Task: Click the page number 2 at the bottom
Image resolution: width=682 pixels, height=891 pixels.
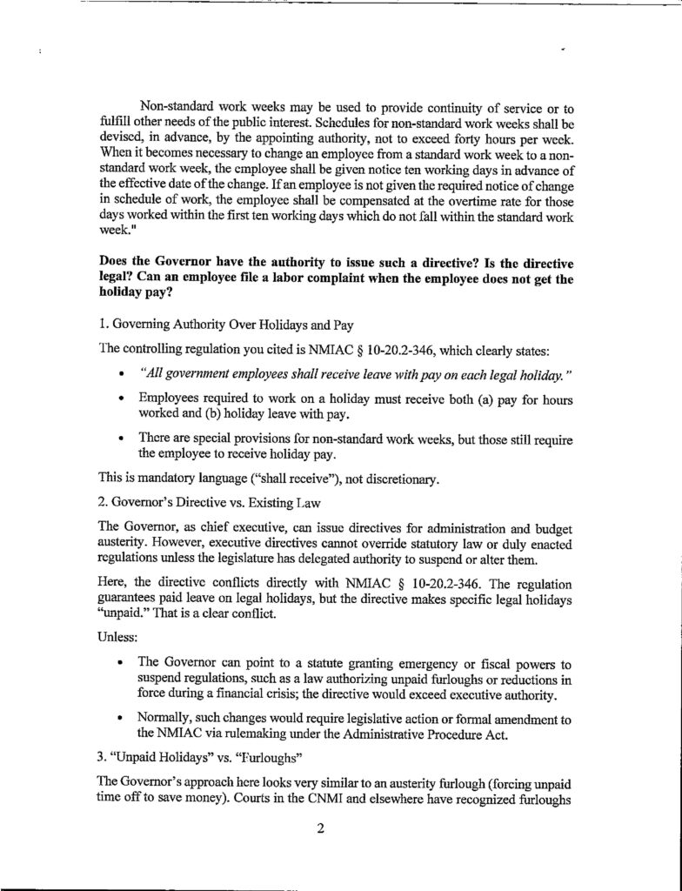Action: pyautogui.click(x=320, y=828)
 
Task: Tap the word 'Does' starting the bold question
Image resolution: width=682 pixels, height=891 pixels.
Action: pyautogui.click(x=117, y=263)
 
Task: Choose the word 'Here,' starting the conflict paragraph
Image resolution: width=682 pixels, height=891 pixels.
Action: pyautogui.click(x=118, y=579)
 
